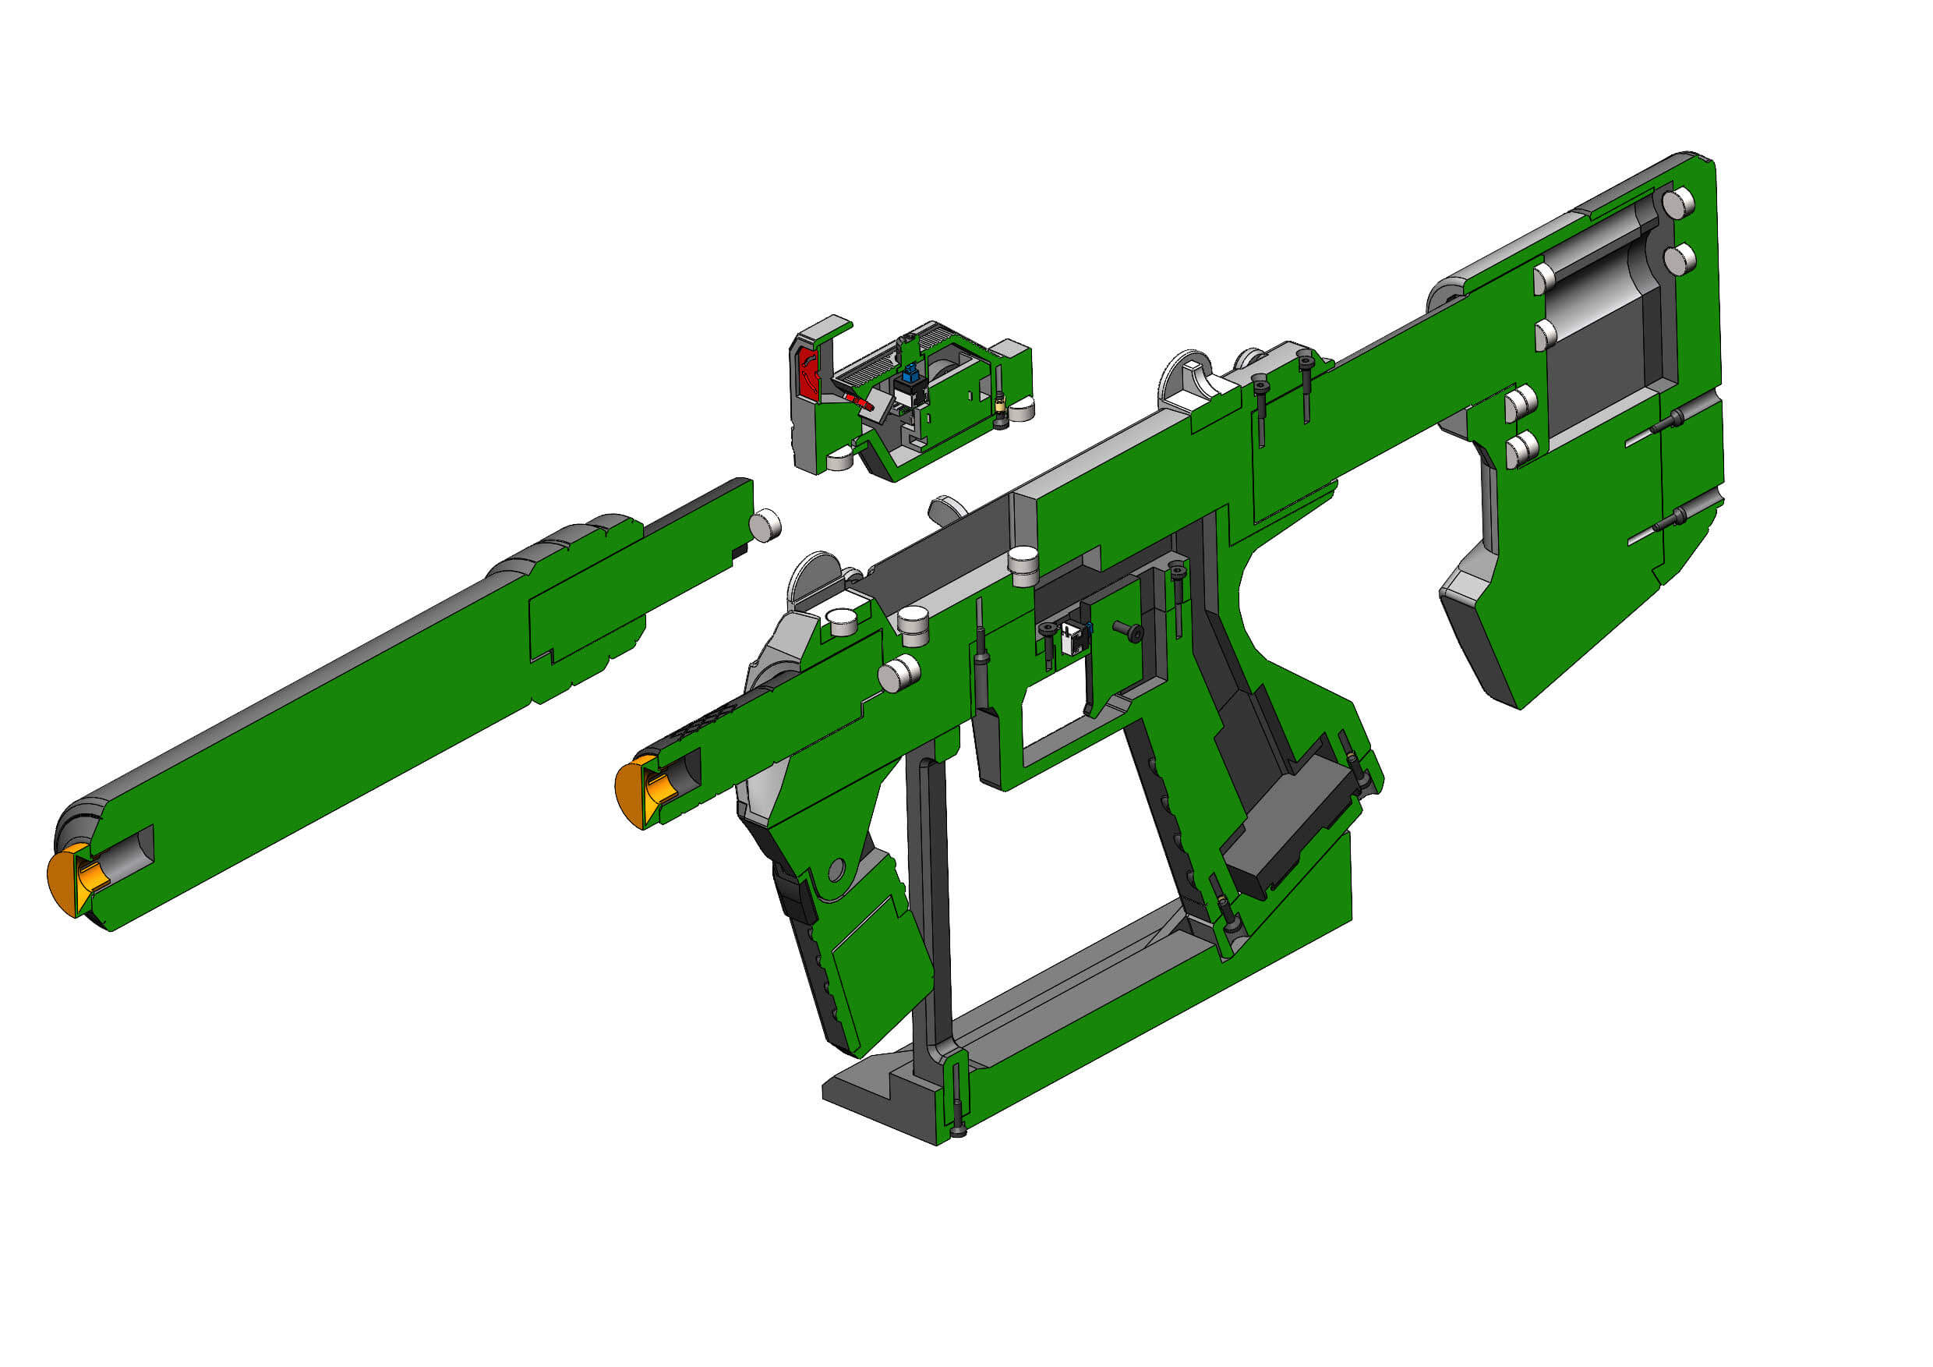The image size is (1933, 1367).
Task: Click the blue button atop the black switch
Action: coord(910,371)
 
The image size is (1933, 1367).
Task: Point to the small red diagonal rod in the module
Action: coord(857,400)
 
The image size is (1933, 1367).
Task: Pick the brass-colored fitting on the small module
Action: coord(1000,406)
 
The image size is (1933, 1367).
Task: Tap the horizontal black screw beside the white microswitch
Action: coord(1126,630)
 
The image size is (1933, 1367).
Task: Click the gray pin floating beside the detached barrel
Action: coord(765,526)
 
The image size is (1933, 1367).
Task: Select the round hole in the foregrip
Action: coord(837,869)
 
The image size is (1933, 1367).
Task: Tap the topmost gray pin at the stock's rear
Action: coord(1679,202)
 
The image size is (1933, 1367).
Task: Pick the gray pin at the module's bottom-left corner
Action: coord(839,460)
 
